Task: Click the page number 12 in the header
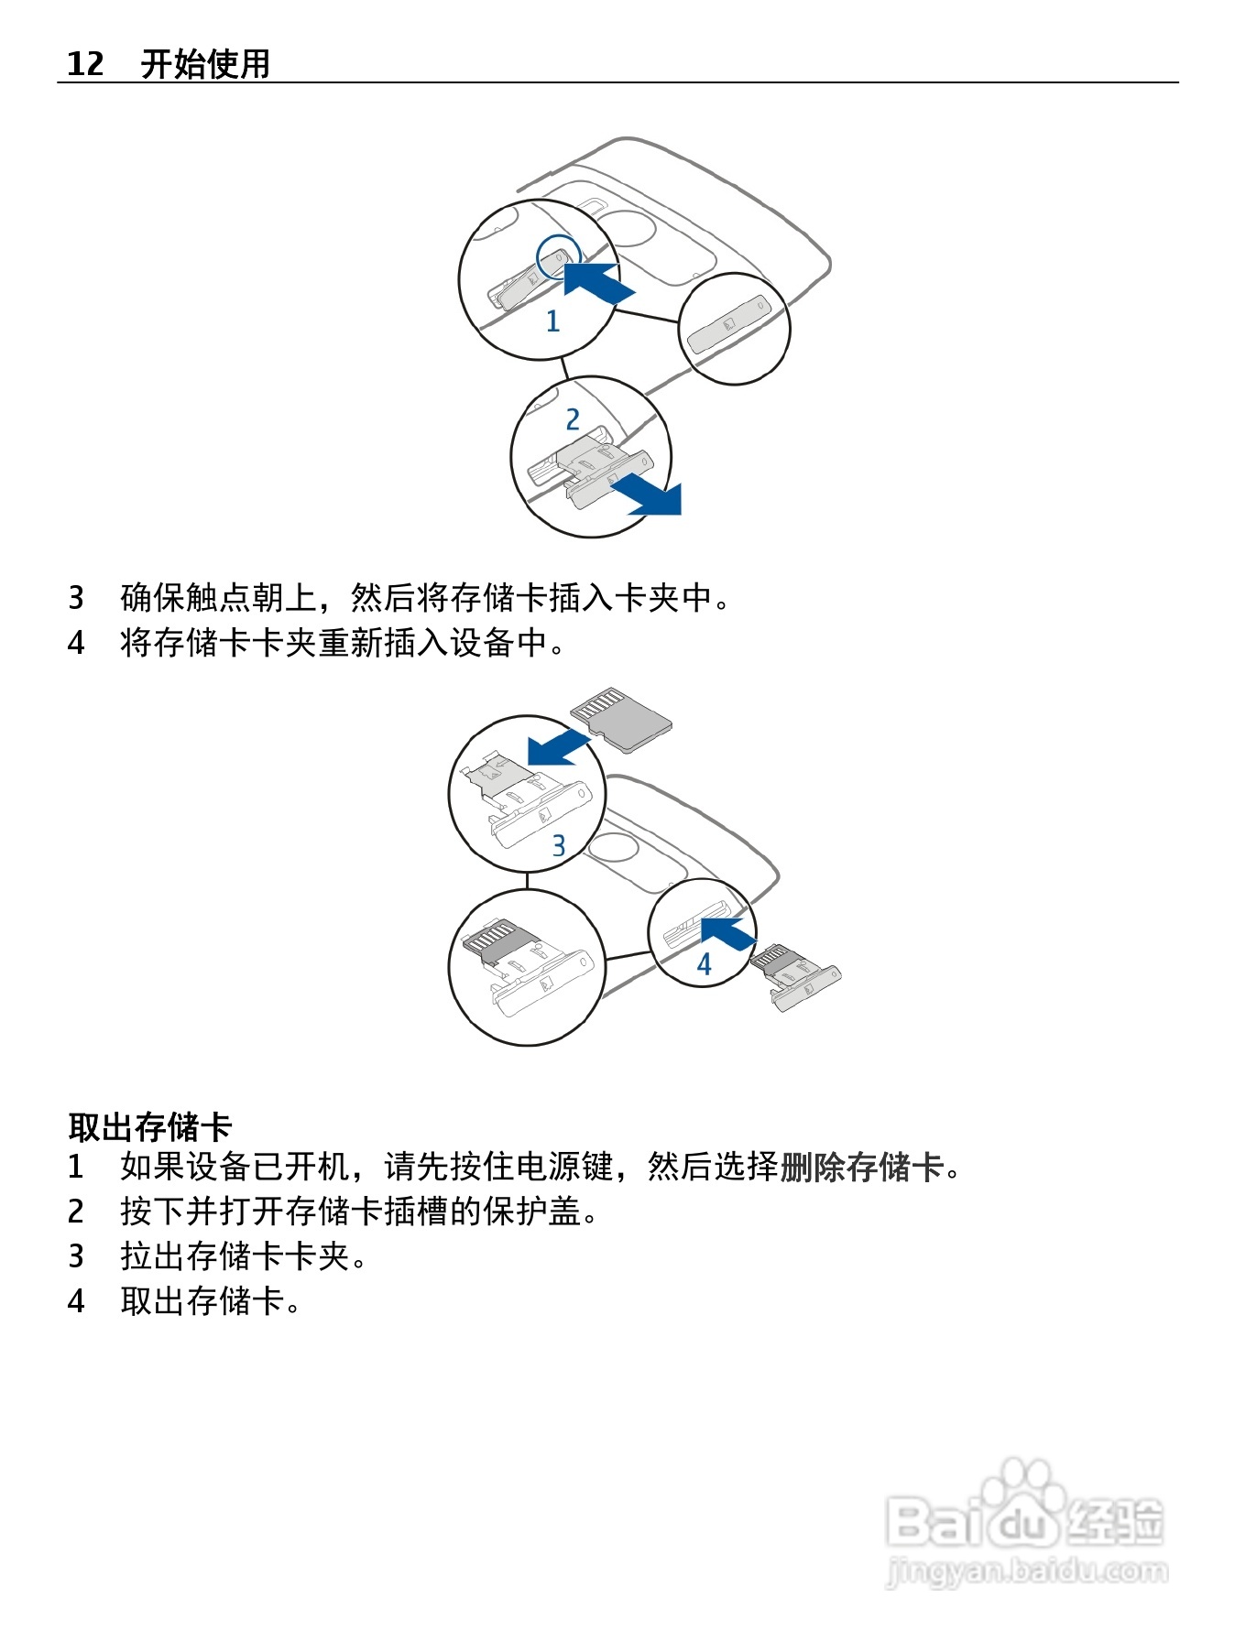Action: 85,64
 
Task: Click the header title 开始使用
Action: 205,64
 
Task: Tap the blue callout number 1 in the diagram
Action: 552,321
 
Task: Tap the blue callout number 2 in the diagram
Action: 573,419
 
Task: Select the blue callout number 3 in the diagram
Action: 559,845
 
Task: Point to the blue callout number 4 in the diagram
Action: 704,963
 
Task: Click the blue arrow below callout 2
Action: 650,497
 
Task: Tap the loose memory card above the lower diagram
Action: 621,718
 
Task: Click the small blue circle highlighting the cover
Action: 558,256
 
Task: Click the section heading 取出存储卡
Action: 150,1126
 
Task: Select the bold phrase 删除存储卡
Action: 861,1167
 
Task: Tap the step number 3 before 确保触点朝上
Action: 76,598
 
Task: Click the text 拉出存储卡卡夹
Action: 235,1255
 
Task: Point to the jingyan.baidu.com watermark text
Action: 1027,1572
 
